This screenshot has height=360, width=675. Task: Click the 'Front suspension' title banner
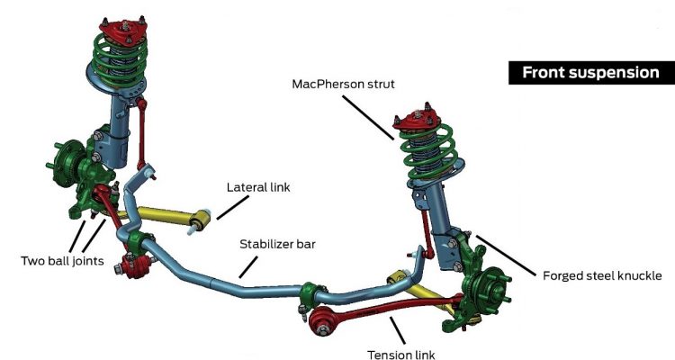[x=591, y=73]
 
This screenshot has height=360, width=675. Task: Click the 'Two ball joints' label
[x=62, y=261]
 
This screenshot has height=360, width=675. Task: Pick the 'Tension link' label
[x=400, y=354]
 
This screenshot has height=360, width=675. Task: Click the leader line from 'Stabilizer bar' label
[x=247, y=262]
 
